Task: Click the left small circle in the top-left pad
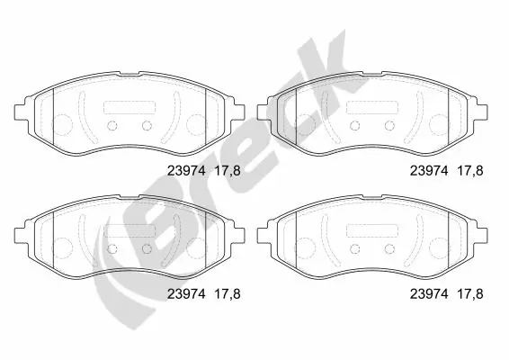click(x=114, y=124)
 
